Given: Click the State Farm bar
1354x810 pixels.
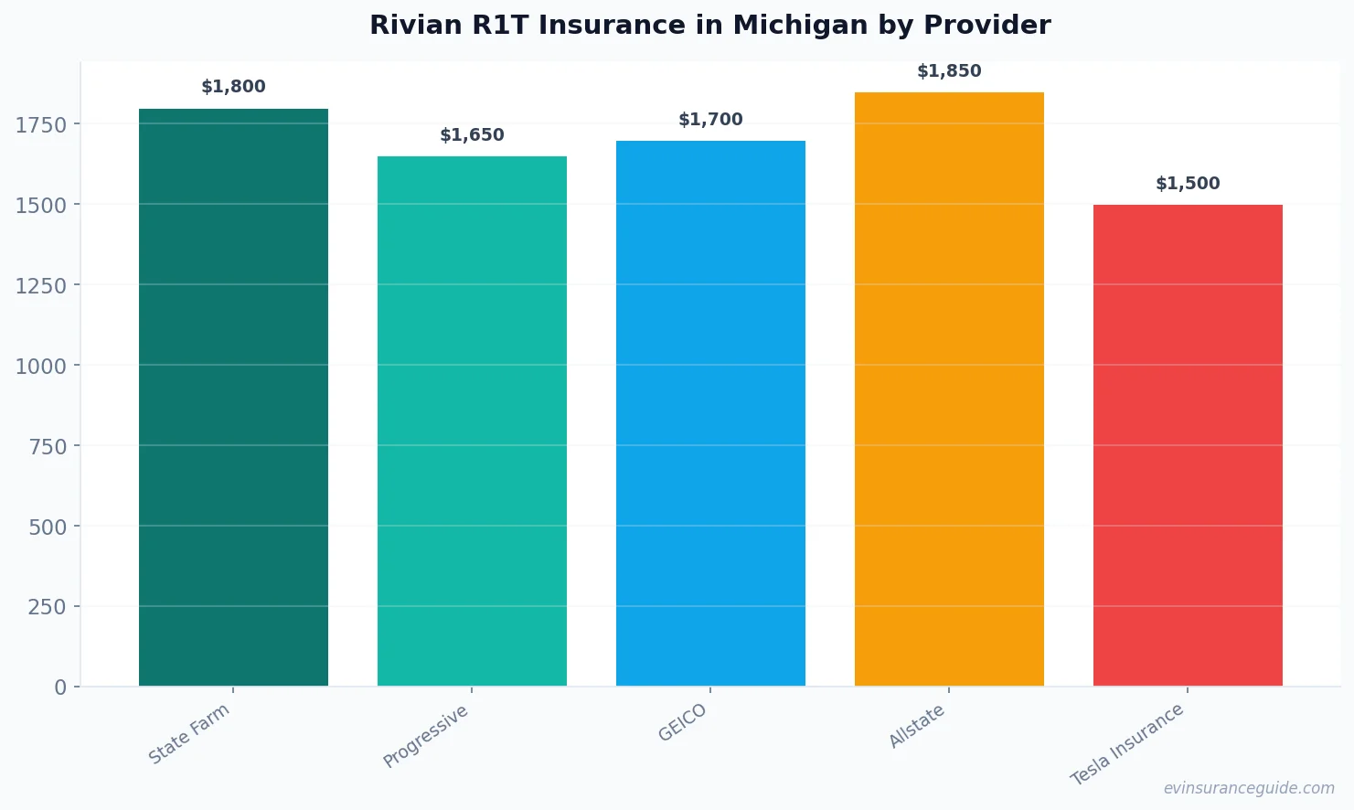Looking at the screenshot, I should (233, 398).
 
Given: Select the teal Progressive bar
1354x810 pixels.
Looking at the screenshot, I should (472, 421).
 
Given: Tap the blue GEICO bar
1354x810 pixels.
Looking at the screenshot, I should (710, 413).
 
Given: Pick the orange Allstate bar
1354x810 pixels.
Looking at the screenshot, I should (949, 389).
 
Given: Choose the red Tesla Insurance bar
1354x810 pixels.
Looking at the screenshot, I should (1188, 445).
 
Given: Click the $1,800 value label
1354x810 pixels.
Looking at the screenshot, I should (233, 87).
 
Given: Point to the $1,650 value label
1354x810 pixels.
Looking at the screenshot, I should (472, 135).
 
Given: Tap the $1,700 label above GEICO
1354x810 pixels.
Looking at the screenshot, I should (710, 120).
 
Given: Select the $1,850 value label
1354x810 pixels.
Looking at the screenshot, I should (949, 71).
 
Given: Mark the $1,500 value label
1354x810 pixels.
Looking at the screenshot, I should (1188, 184).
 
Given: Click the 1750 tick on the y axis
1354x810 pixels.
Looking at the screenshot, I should (41, 125).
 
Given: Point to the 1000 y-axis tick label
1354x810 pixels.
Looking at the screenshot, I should (41, 367).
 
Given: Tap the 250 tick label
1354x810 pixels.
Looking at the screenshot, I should (48, 607).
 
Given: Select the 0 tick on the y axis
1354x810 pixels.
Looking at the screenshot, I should (60, 687).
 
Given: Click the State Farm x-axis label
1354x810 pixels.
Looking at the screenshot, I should (189, 734).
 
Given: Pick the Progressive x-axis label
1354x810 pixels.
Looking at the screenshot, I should (425, 736).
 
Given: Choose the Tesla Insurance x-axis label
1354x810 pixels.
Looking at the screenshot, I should (1127, 744).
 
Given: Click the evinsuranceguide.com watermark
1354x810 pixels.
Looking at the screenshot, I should (1249, 788).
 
